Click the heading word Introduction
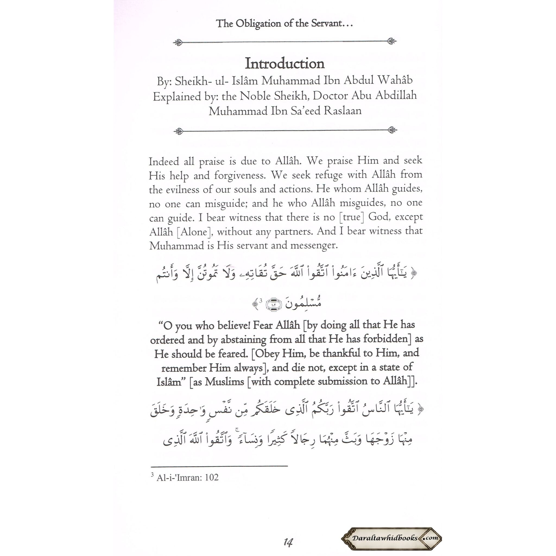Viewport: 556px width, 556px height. [285, 64]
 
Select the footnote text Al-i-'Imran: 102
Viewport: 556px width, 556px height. [187, 478]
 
